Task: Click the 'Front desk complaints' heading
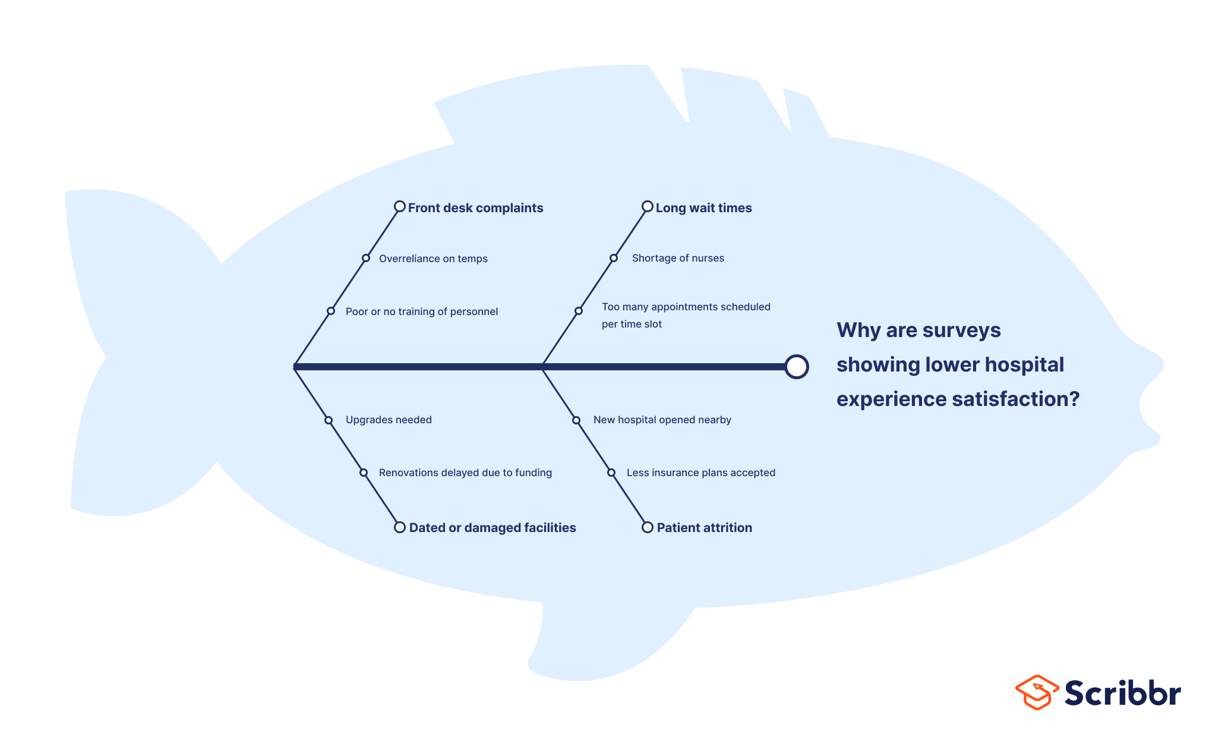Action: [475, 208]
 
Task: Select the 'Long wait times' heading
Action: [703, 208]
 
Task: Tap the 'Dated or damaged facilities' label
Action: [492, 528]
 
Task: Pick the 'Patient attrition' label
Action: [704, 528]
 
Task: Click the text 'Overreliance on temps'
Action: [433, 259]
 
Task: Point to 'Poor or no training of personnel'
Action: [421, 311]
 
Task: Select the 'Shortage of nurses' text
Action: [678, 258]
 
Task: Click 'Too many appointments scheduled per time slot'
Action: [686, 315]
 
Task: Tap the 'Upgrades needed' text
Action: [389, 420]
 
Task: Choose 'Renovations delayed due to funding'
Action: [465, 473]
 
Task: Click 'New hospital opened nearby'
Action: [662, 420]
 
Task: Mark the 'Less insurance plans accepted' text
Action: [700, 473]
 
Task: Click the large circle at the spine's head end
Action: [796, 367]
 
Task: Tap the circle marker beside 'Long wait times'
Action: [647, 207]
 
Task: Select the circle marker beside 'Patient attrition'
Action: [647, 527]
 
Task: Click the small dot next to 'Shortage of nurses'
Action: [614, 258]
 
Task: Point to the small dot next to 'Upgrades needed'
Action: [329, 420]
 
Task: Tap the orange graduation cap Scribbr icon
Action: [1037, 693]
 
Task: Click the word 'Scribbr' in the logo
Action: [1122, 693]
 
